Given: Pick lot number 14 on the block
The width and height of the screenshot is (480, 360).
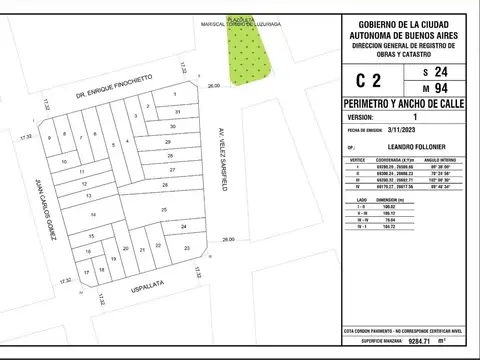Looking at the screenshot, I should point(92,215).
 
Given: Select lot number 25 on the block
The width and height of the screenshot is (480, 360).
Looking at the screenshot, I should point(163,208).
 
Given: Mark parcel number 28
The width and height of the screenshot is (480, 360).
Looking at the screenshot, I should point(164,185).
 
